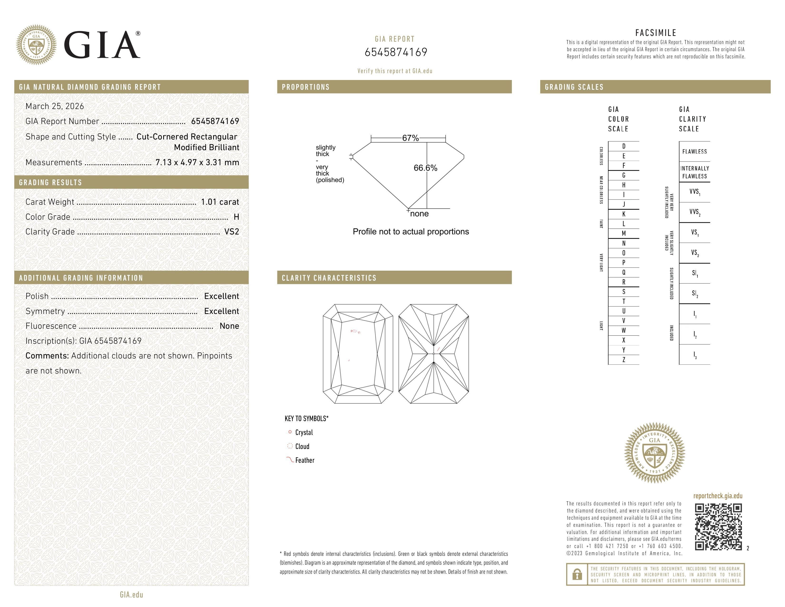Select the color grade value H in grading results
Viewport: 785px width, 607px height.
click(236, 217)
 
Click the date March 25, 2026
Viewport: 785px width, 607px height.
click(55, 106)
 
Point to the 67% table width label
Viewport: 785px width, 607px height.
click(410, 138)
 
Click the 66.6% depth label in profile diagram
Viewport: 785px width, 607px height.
click(425, 168)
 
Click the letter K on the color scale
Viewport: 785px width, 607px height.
click(624, 214)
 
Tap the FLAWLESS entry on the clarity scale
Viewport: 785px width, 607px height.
click(694, 151)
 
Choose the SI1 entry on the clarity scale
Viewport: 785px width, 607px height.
click(694, 273)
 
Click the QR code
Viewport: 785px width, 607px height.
click(718, 527)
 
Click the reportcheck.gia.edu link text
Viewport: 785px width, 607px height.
click(717, 496)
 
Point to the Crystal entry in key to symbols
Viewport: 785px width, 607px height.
click(304, 432)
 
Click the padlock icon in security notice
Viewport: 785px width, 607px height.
click(577, 574)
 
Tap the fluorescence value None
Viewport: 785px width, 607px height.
click(229, 326)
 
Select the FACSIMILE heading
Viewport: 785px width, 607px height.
click(656, 33)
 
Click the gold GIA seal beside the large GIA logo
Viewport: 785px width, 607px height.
click(36, 45)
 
